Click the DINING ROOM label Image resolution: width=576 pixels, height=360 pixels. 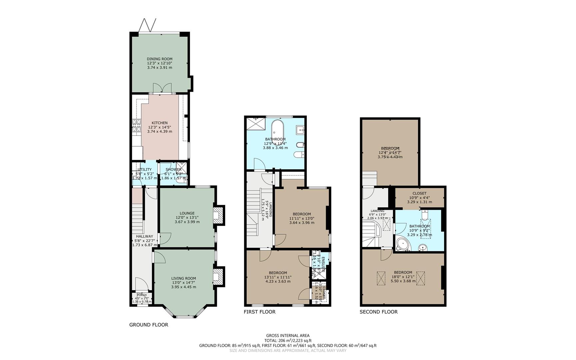[x=160, y=59]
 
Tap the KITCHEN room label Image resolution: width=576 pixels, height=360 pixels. [x=160, y=123]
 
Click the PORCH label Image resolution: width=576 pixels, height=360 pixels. [x=142, y=295]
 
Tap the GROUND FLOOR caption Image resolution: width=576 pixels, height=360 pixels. [x=149, y=325]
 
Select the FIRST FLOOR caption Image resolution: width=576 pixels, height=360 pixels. [x=260, y=312]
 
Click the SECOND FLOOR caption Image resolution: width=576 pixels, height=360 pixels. [x=378, y=312]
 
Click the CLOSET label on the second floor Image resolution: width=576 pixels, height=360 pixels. [x=419, y=193]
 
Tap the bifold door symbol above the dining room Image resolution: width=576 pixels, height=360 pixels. [x=147, y=25]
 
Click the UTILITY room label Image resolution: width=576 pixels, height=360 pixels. [x=144, y=169]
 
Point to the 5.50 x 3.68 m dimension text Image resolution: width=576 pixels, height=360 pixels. [x=403, y=281]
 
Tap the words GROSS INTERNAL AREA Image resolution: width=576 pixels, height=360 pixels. [x=288, y=336]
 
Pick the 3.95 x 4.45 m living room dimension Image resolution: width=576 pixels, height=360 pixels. [x=184, y=287]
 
